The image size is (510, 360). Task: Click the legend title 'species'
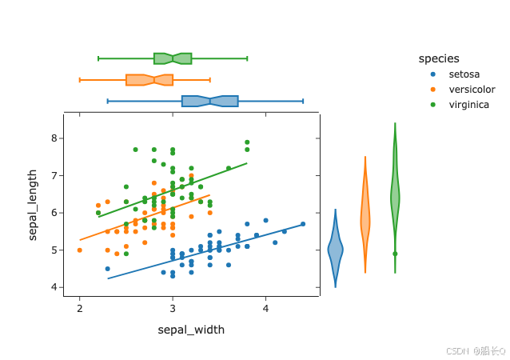point(439,58)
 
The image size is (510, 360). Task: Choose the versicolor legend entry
point(472,90)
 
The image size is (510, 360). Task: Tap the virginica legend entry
point(470,105)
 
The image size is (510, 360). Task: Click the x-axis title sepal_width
point(191,330)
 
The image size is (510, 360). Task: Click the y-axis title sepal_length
point(33,205)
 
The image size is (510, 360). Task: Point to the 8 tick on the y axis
point(54,138)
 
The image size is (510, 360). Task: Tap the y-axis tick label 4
point(54,287)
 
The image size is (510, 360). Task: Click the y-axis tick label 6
point(54,213)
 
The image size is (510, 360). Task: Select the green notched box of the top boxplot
point(173,58)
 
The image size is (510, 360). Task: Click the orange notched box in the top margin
point(149,79)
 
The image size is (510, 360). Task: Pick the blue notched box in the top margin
point(209,101)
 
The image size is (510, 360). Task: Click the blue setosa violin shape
point(335,250)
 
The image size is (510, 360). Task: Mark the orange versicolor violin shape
point(365,218)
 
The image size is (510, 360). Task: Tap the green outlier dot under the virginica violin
point(395,254)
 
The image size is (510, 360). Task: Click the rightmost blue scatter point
point(303,224)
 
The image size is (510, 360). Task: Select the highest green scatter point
point(247,142)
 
